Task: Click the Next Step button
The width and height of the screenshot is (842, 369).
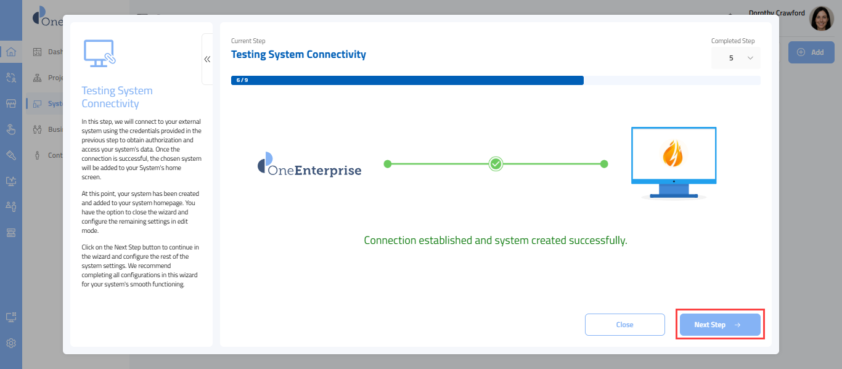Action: click(719, 325)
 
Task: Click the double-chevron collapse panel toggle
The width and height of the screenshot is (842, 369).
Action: click(207, 59)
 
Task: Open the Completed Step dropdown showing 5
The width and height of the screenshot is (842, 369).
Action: click(736, 58)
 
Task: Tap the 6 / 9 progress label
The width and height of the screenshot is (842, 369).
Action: click(242, 80)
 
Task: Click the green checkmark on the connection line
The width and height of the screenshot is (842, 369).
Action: click(496, 164)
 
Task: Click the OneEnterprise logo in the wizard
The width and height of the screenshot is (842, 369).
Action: click(309, 164)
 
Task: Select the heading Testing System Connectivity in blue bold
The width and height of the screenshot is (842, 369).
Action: click(298, 54)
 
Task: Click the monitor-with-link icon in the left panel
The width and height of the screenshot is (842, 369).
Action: click(99, 54)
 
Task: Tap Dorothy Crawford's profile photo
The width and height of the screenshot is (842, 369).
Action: click(821, 19)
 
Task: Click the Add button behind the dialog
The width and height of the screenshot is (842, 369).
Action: click(811, 52)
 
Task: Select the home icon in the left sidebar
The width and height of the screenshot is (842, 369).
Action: click(11, 52)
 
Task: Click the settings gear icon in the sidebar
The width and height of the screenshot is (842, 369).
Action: click(11, 343)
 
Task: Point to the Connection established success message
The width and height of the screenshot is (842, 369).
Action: click(495, 240)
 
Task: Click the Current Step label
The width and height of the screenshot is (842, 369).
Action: click(248, 41)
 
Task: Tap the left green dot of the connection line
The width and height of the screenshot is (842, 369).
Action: click(388, 164)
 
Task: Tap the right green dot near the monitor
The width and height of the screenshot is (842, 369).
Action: click(604, 164)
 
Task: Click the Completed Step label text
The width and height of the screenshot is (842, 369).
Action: click(732, 41)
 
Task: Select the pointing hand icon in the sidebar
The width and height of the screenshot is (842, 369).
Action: click(11, 129)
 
